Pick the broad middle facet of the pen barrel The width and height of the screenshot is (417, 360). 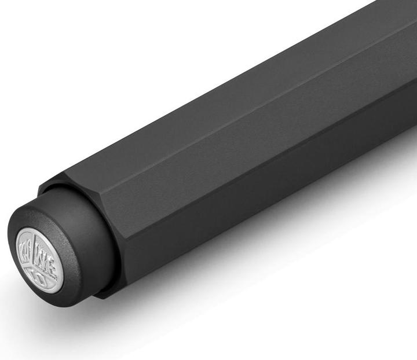(x=243, y=150)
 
